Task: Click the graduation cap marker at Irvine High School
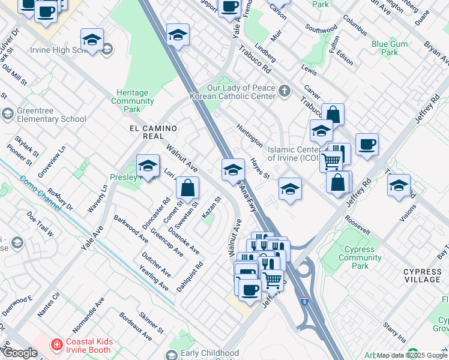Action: [x=92, y=40]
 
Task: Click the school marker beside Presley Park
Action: [x=148, y=166]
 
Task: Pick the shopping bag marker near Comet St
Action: [x=188, y=187]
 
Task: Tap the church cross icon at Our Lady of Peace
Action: [x=284, y=91]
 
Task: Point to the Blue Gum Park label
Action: [x=385, y=48]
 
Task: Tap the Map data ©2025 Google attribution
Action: [x=411, y=355]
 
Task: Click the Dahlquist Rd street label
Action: [x=190, y=276]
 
